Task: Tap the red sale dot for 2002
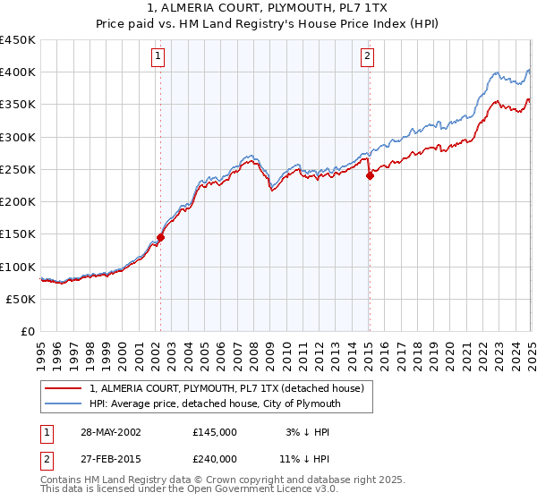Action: click(161, 237)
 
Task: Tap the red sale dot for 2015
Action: click(370, 175)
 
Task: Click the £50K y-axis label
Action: click(21, 299)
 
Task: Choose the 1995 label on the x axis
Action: click(41, 354)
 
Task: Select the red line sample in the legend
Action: click(63, 389)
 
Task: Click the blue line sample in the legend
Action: click(63, 404)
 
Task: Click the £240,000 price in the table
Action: click(215, 457)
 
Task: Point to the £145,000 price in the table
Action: click(215, 432)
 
